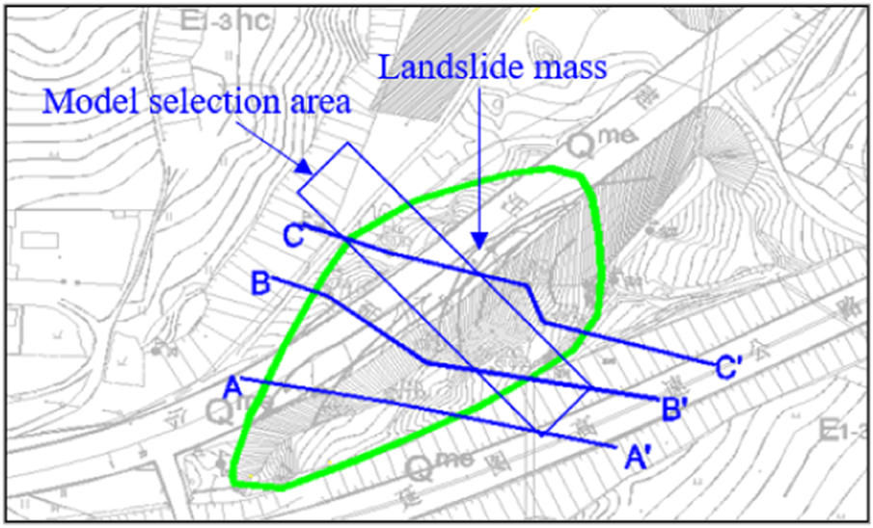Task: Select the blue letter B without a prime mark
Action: click(x=259, y=284)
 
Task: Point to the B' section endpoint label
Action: click(x=674, y=409)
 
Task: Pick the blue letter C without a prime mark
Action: click(x=294, y=234)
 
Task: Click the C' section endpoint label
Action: click(x=730, y=367)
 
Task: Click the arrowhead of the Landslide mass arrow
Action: click(x=477, y=250)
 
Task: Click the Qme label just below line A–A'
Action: click(x=440, y=467)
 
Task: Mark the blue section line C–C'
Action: click(x=424, y=259)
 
